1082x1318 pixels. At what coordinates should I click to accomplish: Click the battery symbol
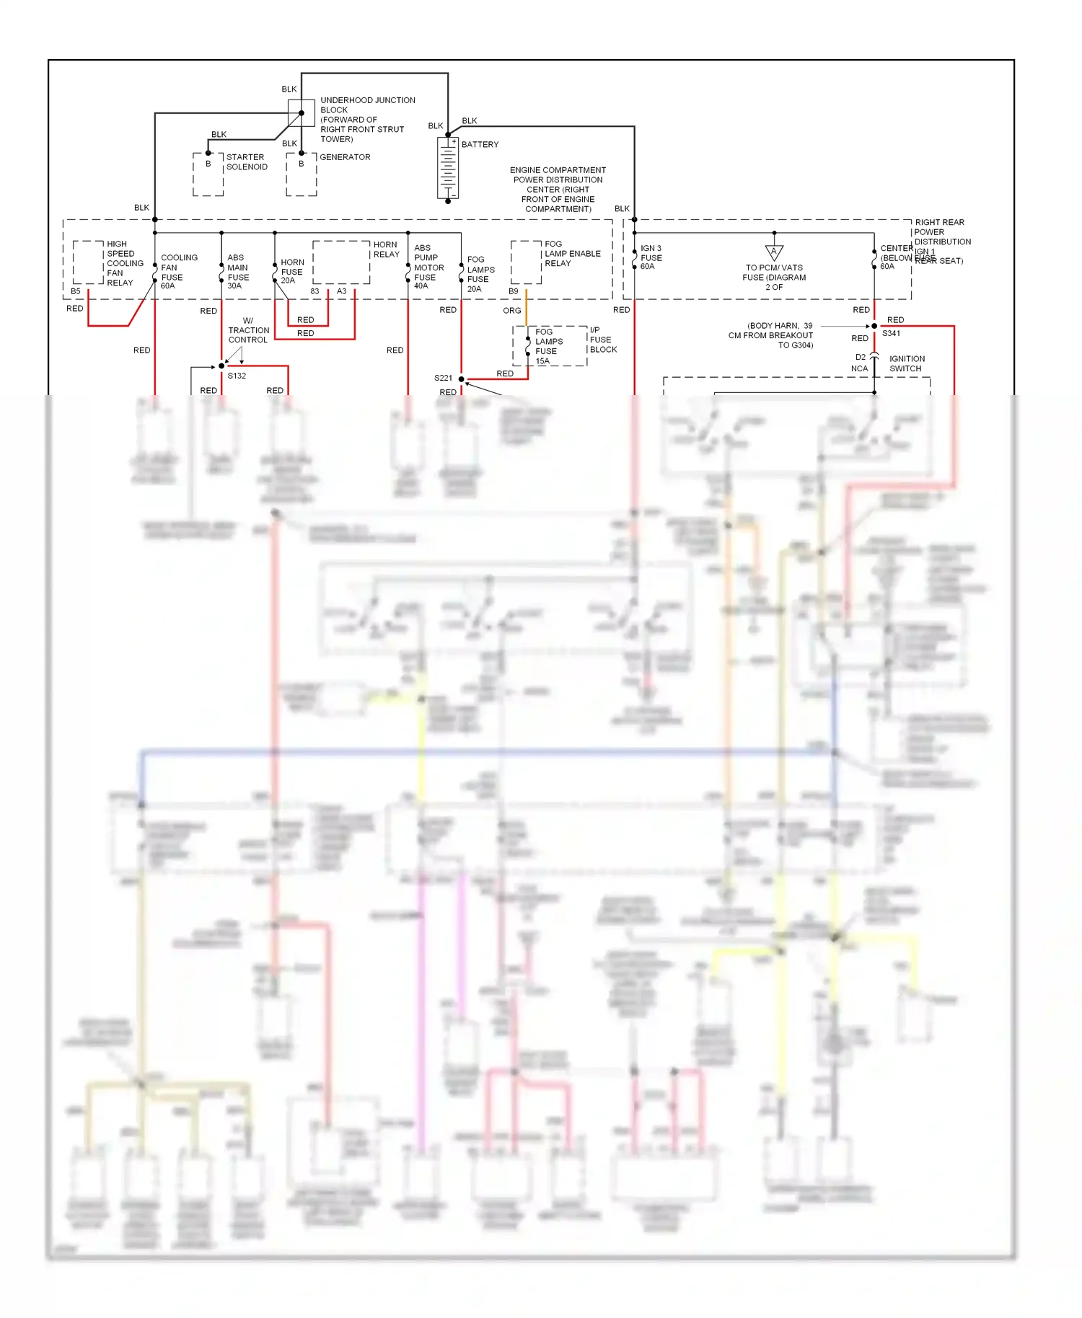(x=448, y=168)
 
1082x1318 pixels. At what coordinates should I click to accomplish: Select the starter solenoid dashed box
(x=208, y=174)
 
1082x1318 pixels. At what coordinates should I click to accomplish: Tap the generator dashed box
(x=301, y=174)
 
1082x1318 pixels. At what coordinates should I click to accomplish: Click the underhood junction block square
(x=302, y=112)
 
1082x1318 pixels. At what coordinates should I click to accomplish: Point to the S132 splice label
(x=237, y=376)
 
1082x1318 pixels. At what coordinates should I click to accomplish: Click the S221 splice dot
(x=462, y=379)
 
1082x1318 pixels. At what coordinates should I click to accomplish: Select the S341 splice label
(x=891, y=333)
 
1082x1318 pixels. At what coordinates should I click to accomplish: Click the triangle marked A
(x=774, y=252)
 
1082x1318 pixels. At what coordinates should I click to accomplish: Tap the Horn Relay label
(x=386, y=249)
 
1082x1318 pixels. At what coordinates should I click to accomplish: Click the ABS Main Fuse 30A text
(x=238, y=272)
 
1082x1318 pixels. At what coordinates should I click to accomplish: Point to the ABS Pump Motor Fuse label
(x=428, y=267)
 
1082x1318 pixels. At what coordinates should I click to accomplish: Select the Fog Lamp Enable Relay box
(x=526, y=262)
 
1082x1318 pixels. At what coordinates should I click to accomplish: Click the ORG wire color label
(x=511, y=310)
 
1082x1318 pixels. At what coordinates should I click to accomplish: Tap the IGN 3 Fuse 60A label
(x=651, y=257)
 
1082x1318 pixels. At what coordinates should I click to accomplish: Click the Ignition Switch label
(x=907, y=363)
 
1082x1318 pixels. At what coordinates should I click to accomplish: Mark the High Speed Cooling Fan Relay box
(x=88, y=262)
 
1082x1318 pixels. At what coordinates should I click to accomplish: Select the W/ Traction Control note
(x=248, y=330)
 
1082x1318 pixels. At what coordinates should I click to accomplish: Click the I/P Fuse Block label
(x=602, y=340)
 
